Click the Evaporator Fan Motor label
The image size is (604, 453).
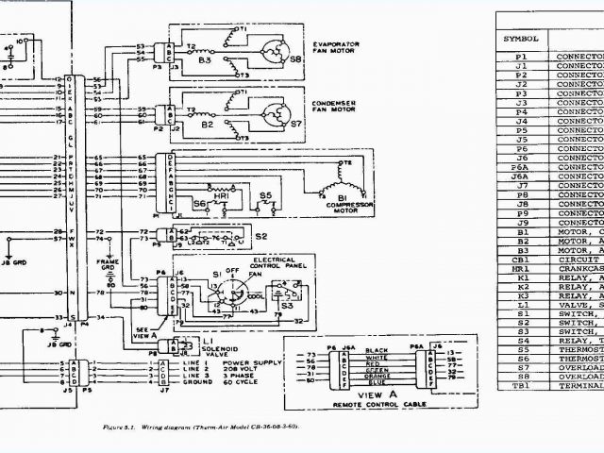click(333, 48)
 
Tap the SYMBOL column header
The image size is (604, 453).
click(520, 39)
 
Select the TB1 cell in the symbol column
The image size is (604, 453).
click(520, 386)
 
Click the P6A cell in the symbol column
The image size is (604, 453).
click(520, 166)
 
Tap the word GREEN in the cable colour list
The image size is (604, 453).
click(377, 367)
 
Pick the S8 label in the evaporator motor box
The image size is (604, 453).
click(295, 59)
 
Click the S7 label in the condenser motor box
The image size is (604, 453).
click(296, 123)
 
